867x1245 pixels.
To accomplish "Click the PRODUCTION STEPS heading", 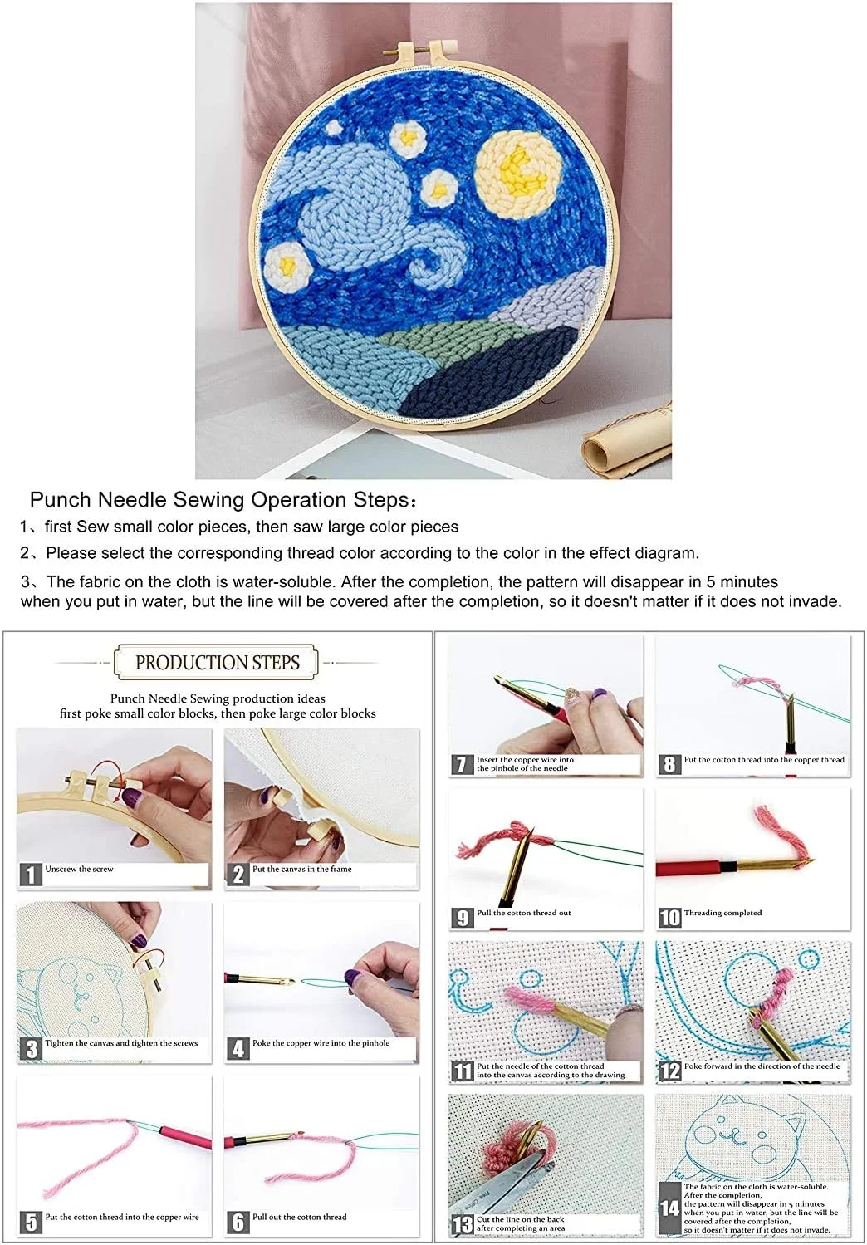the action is (218, 662).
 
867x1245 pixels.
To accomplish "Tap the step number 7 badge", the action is (462, 764).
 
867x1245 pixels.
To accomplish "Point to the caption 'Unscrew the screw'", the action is (79, 870).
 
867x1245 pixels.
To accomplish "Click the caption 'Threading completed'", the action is (722, 913).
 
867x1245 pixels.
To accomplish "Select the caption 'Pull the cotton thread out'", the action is (523, 913).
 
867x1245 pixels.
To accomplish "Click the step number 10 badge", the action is (669, 917).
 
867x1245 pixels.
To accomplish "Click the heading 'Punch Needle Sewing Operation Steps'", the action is (219, 500).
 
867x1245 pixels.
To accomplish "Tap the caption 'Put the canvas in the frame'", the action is (301, 870).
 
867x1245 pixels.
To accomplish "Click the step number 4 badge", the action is (238, 1050).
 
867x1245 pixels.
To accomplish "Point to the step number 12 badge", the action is (669, 1071).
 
